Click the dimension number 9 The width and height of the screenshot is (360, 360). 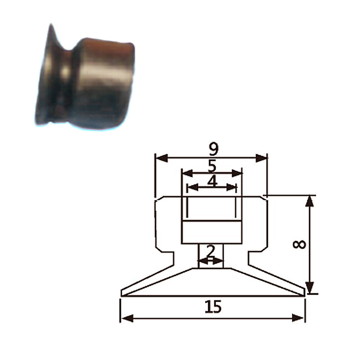coord(214,149)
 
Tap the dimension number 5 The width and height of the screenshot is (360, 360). coord(212,166)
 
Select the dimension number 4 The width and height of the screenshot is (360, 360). coord(212,181)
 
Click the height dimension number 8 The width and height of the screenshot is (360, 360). coord(299,244)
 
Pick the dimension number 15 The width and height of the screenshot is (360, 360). coord(213,307)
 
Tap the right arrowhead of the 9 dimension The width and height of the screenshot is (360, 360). coord(261,158)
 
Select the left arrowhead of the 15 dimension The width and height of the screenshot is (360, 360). coord(127,318)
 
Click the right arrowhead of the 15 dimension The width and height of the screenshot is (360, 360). coord(298,318)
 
